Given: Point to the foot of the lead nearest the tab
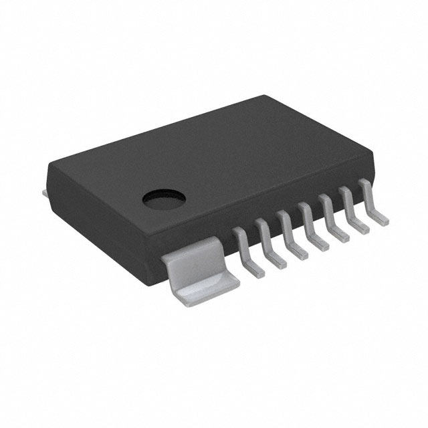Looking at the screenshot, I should (x=255, y=270).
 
